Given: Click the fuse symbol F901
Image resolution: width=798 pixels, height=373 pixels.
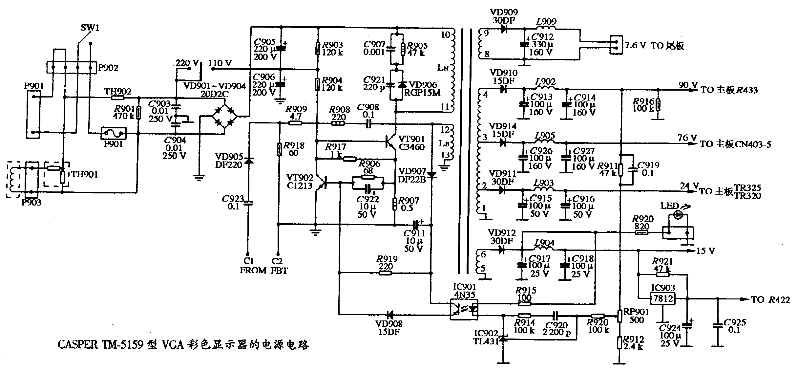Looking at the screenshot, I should pyautogui.click(x=113, y=133).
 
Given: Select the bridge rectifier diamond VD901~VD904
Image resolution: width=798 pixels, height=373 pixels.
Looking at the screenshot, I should pyautogui.click(x=225, y=117).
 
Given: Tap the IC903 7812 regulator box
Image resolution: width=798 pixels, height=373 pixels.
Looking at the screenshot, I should pyautogui.click(x=663, y=298).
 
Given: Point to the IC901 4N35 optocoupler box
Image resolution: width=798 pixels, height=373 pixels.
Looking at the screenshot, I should pyautogui.click(x=464, y=309).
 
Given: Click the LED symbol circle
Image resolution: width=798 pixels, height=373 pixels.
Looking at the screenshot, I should pyautogui.click(x=677, y=215).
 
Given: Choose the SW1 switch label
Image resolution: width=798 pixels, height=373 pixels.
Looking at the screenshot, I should pyautogui.click(x=90, y=28).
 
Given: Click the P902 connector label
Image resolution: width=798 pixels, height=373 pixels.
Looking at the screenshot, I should pyautogui.click(x=108, y=68).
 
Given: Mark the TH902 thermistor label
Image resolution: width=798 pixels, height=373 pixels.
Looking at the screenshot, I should pyautogui.click(x=118, y=92).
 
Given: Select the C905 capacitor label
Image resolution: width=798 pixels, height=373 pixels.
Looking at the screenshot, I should pyautogui.click(x=264, y=42).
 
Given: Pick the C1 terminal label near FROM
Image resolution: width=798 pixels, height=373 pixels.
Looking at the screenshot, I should pyautogui.click(x=248, y=261).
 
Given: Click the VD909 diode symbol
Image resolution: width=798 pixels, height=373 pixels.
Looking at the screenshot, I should pyautogui.click(x=504, y=29).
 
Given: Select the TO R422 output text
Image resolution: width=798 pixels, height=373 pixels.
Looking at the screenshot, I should pyautogui.click(x=770, y=299).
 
